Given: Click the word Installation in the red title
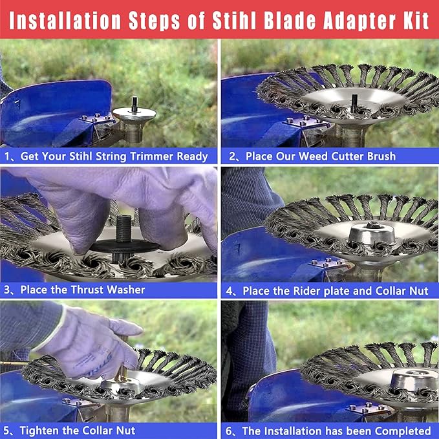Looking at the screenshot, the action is (x=65, y=21).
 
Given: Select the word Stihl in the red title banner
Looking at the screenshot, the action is (x=234, y=21).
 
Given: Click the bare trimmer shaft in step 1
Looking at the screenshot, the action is (x=134, y=103).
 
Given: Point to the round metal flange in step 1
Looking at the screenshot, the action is (x=134, y=114).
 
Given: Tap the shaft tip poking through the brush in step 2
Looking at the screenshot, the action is (x=354, y=102).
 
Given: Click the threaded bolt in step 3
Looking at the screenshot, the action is (x=123, y=228).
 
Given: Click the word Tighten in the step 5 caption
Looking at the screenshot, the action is (x=38, y=431).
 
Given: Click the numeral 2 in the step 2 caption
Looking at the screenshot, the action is (x=232, y=156).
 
